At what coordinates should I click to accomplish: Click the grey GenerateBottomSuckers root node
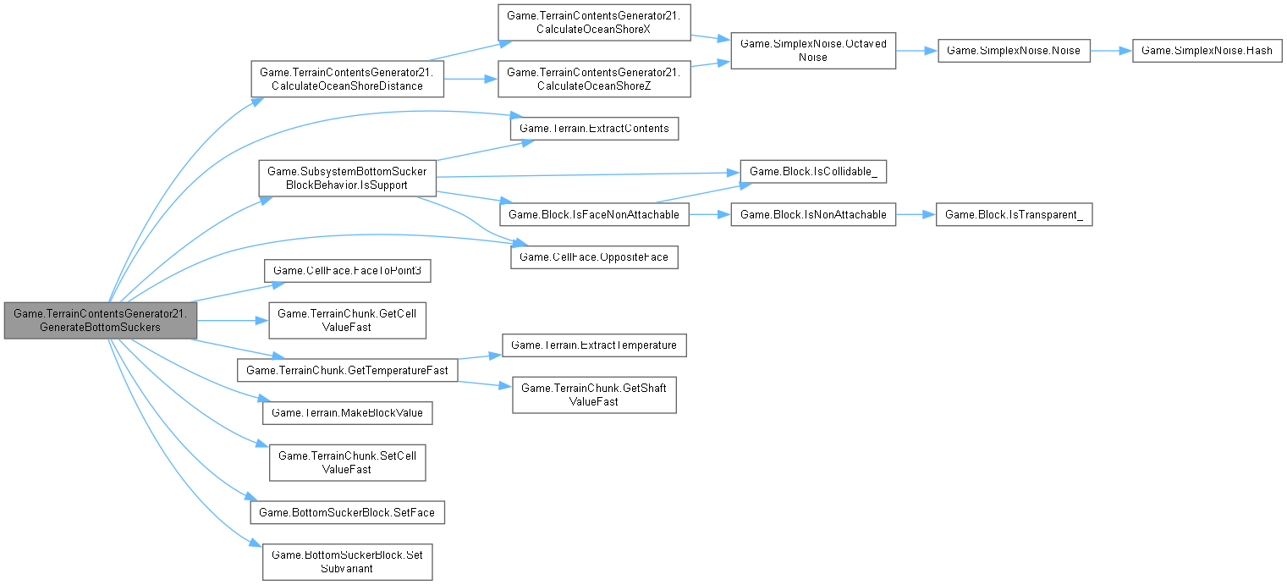coord(100,320)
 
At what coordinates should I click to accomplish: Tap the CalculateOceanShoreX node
coord(593,28)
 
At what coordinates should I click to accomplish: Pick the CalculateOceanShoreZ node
coord(593,79)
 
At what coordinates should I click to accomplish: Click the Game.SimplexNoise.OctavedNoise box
coord(812,52)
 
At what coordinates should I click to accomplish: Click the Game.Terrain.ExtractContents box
coord(594,129)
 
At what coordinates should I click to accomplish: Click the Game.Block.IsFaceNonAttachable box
coord(593,215)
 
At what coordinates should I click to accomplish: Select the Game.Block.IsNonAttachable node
coord(812,215)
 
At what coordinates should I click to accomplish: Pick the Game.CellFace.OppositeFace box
coord(594,254)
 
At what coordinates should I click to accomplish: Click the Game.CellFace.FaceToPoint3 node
coord(349,271)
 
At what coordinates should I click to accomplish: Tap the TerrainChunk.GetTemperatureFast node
coord(348,370)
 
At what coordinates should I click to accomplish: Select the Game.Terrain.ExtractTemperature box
coord(594,345)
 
